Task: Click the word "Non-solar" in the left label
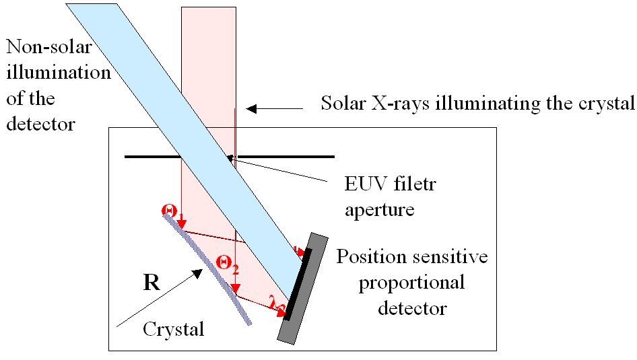pyautogui.click(x=48, y=48)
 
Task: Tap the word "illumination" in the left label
pyautogui.click(x=58, y=73)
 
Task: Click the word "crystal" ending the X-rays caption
pyautogui.click(x=609, y=104)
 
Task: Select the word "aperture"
pyautogui.click(x=379, y=209)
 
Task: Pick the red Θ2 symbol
pyautogui.click(x=226, y=263)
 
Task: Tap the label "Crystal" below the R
pyautogui.click(x=173, y=330)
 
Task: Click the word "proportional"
pyautogui.click(x=411, y=282)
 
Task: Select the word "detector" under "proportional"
pyautogui.click(x=411, y=308)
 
